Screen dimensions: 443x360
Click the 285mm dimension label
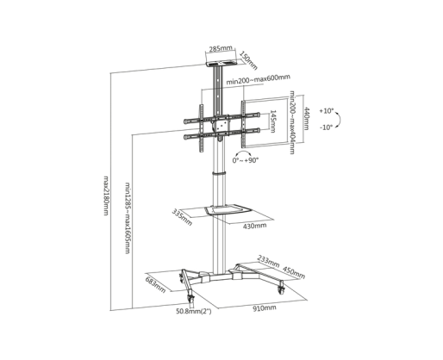(221, 48)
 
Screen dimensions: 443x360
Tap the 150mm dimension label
(248, 60)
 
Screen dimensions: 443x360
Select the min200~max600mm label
(258, 79)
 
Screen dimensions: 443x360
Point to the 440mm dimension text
(307, 118)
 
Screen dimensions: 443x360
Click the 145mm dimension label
(272, 121)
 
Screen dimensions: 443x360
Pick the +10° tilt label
(327, 111)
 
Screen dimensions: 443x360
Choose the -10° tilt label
(326, 127)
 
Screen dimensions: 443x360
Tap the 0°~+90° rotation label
(246, 160)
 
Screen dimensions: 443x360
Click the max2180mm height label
(106, 196)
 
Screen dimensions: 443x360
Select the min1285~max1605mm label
(128, 218)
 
